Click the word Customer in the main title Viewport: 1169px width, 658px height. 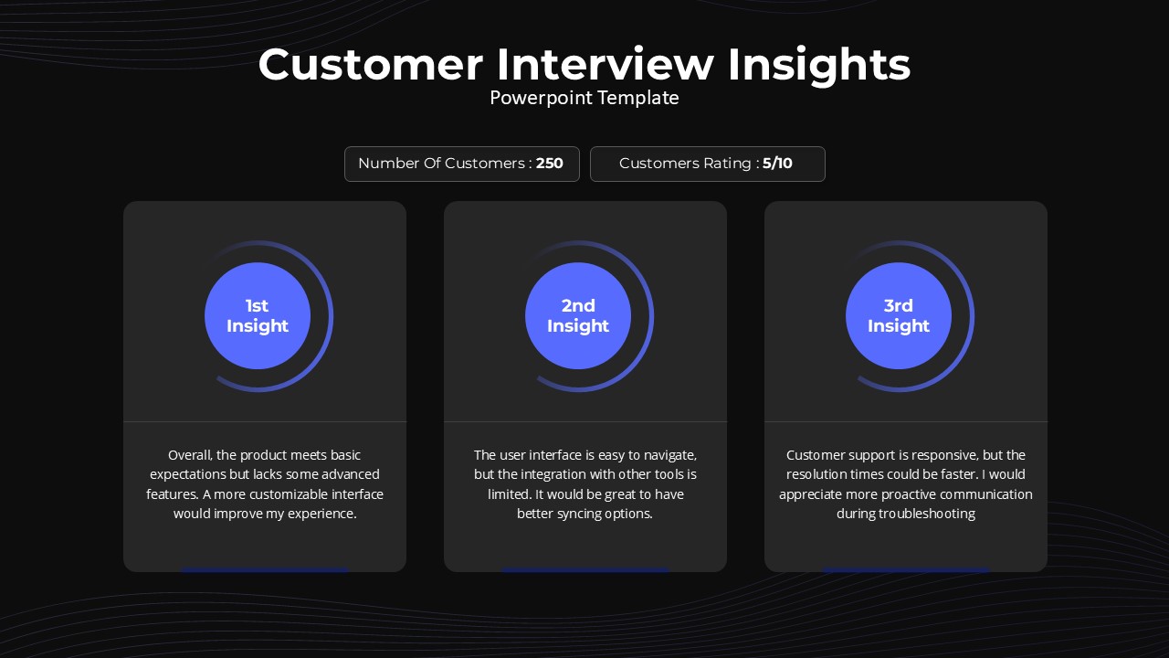coord(371,65)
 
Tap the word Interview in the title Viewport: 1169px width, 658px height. coord(606,65)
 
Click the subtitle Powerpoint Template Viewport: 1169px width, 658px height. coord(584,98)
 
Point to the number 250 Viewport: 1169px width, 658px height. coord(550,164)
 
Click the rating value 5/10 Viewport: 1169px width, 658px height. coord(777,164)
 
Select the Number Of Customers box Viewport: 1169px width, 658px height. coord(462,164)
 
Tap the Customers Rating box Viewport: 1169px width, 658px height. coord(708,164)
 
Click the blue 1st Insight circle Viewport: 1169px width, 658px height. coord(258,316)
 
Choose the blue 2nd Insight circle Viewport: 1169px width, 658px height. coord(578,316)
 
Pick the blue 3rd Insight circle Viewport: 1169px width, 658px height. coord(899,316)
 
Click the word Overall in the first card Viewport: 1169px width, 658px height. coord(191,455)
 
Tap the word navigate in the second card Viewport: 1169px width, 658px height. coord(670,456)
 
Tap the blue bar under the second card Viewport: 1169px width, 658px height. coord(585,569)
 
